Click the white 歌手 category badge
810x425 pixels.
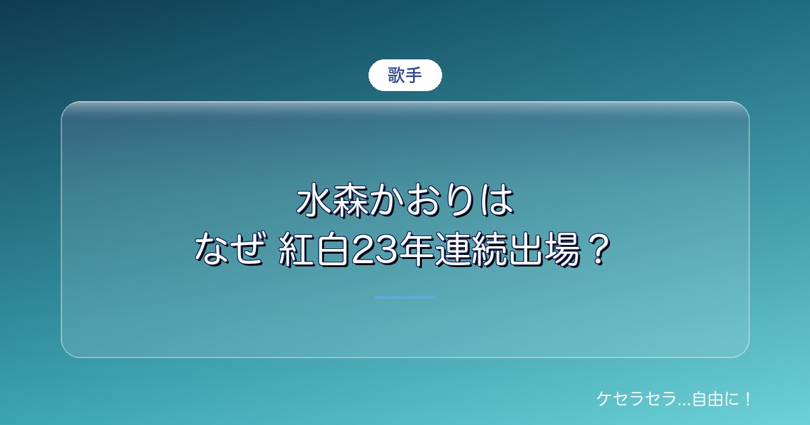[405, 75]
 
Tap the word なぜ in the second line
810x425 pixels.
[229, 250]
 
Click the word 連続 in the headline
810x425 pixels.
[473, 250]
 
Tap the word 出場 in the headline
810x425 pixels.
[545, 250]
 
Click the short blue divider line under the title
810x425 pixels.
[405, 297]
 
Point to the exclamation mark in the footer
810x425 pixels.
[747, 399]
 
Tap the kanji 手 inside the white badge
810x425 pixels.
[413, 75]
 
